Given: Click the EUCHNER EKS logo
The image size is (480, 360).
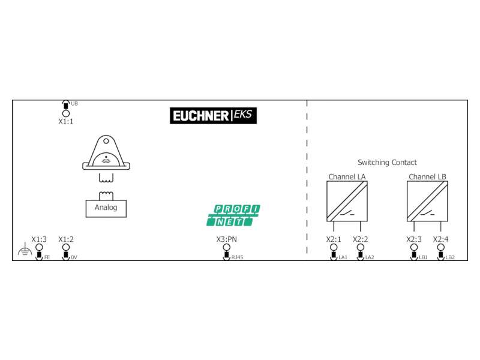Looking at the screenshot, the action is pyautogui.click(x=213, y=115).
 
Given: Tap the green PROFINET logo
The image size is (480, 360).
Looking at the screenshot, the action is pyautogui.click(x=233, y=215).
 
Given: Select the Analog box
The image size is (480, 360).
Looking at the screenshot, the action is pyautogui.click(x=106, y=208).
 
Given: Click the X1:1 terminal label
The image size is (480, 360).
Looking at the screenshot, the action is pyautogui.click(x=66, y=122).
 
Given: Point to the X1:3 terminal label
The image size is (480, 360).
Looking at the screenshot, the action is pyautogui.click(x=39, y=239).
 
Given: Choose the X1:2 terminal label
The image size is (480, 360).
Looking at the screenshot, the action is pyautogui.click(x=66, y=239).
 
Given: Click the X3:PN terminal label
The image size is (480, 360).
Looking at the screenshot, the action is pyautogui.click(x=227, y=239).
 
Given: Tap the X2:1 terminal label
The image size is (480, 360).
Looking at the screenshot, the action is pyautogui.click(x=334, y=239).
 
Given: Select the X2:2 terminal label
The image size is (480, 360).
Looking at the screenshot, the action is pyautogui.click(x=361, y=239).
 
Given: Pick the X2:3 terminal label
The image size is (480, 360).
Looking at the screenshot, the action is pyautogui.click(x=414, y=239).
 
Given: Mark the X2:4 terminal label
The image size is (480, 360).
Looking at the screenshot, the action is pyautogui.click(x=440, y=239).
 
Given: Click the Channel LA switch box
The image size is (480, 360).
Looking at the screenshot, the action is pyautogui.click(x=347, y=201).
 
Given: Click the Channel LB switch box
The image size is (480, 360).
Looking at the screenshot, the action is pyautogui.click(x=427, y=201).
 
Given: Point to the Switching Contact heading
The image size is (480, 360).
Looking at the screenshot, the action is pyautogui.click(x=387, y=162).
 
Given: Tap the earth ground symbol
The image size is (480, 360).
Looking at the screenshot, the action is pyautogui.click(x=25, y=250).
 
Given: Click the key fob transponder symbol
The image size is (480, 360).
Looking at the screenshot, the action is pyautogui.click(x=106, y=152).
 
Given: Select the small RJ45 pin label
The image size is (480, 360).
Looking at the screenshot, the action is pyautogui.click(x=237, y=257).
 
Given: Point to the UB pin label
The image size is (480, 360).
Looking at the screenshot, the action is pyautogui.click(x=74, y=103).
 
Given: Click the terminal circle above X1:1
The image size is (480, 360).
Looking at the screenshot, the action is pyautogui.click(x=66, y=113).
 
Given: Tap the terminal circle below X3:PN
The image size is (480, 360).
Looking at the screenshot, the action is pyautogui.click(x=227, y=247).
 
